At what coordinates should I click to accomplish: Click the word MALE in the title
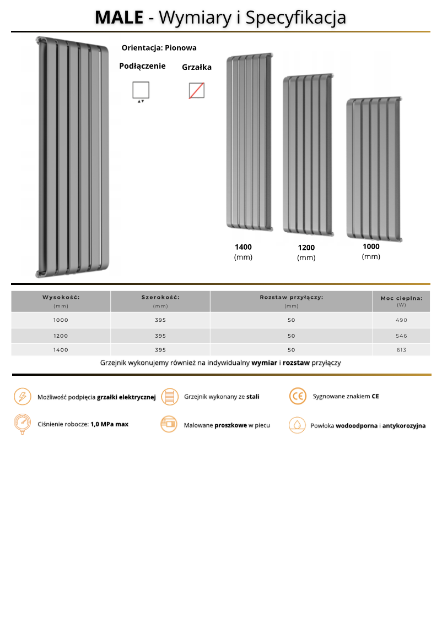(x=118, y=18)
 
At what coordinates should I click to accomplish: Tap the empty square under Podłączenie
(x=141, y=90)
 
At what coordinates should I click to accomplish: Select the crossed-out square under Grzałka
(x=196, y=90)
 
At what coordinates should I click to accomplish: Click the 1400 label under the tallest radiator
(x=243, y=247)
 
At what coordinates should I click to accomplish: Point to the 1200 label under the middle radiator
(x=306, y=248)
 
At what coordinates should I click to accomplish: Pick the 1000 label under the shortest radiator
(x=371, y=246)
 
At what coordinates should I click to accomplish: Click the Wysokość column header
(x=61, y=297)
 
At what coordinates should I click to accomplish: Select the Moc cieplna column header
(x=401, y=298)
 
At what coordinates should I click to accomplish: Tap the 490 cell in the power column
(x=401, y=320)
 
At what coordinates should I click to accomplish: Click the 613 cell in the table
(x=401, y=350)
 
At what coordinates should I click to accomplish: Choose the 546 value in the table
(x=401, y=336)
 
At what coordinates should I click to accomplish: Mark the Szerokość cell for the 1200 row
(x=160, y=336)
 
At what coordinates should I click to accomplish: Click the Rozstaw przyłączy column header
(x=291, y=297)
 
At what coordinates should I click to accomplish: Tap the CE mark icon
(x=298, y=396)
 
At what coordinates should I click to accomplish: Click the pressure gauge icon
(x=22, y=424)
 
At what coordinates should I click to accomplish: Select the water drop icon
(x=298, y=425)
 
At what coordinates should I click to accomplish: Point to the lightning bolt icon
(x=22, y=396)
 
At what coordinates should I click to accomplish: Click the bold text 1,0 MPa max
(x=109, y=424)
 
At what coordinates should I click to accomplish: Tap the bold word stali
(x=252, y=396)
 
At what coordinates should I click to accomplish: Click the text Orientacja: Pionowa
(x=159, y=48)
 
